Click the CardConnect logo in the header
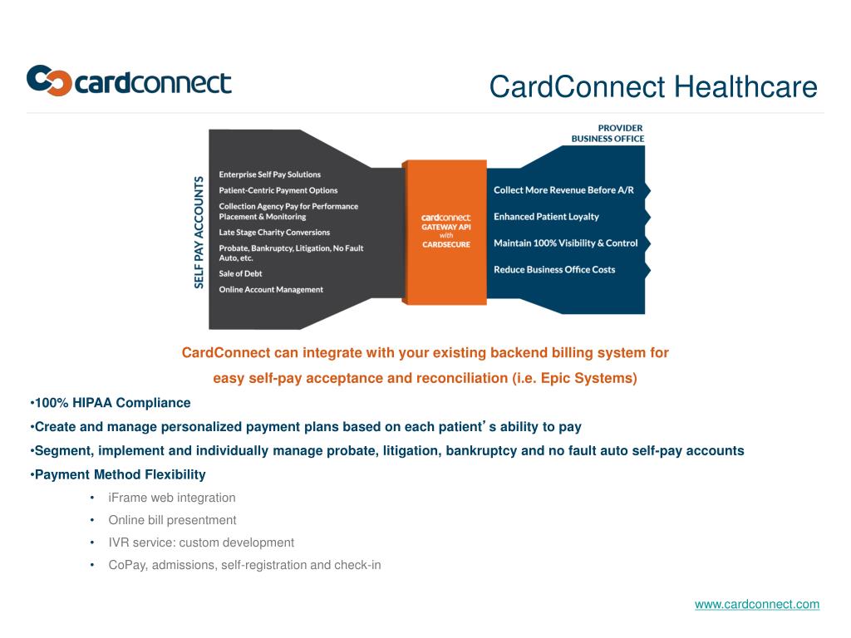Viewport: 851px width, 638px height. click(x=129, y=81)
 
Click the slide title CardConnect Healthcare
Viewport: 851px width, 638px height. click(x=652, y=86)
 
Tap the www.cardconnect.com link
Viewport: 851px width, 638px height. click(x=756, y=604)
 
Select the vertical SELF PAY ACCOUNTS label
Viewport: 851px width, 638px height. click(x=199, y=232)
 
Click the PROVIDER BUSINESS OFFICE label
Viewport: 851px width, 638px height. click(x=608, y=133)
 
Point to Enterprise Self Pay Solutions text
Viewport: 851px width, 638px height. click(x=269, y=174)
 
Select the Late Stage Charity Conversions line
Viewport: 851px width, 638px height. click(x=274, y=233)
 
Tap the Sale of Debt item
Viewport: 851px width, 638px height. click(x=240, y=273)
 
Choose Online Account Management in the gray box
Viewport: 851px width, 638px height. click(x=271, y=289)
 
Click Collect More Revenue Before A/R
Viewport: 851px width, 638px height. click(x=563, y=190)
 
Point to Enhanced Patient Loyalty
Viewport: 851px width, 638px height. click(x=546, y=217)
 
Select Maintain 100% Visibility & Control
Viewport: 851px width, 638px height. click(x=565, y=243)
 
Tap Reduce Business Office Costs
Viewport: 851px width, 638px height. click(x=554, y=270)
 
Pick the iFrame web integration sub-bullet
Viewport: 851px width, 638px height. click(x=172, y=498)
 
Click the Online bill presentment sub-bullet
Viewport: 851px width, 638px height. click(x=172, y=520)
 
